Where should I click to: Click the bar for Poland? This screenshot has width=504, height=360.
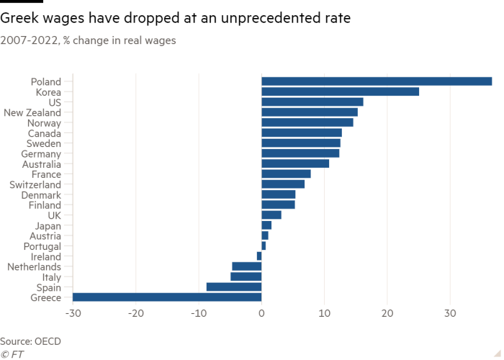point(377,81)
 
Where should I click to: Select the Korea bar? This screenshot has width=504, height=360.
point(340,91)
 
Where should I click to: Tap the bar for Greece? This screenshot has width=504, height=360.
point(167,297)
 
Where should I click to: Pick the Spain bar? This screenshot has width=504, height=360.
point(234,287)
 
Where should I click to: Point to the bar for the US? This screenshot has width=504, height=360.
point(312,102)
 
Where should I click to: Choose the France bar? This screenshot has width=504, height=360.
point(287,174)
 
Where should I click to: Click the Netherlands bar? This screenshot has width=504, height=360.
point(246,266)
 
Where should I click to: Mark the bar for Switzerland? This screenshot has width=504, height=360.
point(283,184)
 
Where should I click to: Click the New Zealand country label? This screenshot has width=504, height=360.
point(37,112)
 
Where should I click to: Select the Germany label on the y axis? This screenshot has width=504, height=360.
point(45,153)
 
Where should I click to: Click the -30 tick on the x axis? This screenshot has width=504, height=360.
point(73,313)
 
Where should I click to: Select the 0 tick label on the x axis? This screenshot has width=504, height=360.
point(262,313)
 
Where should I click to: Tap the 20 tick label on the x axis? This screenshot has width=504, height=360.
point(387,313)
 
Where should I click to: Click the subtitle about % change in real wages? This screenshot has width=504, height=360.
point(89,41)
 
